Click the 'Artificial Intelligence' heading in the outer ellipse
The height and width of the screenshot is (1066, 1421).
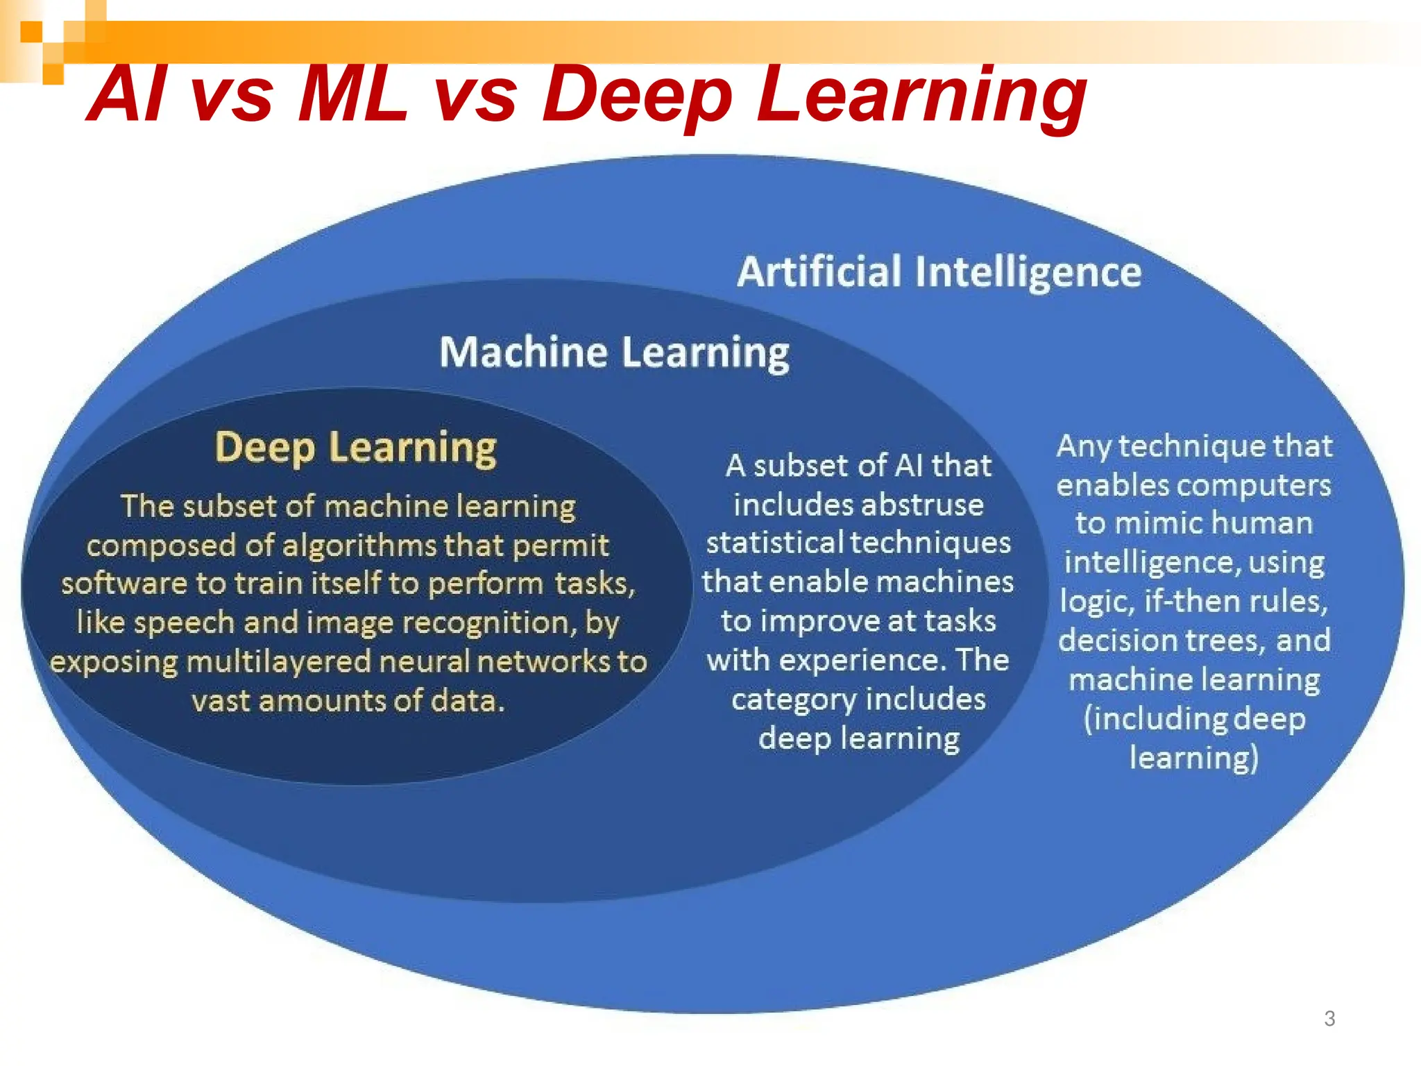point(939,271)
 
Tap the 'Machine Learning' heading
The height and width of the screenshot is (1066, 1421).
point(614,352)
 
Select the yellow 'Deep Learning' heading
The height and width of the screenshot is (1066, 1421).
point(355,448)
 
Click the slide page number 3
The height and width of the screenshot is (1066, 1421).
point(1329,1018)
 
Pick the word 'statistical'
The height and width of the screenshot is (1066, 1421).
point(774,543)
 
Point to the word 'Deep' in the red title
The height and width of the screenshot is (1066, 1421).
point(637,95)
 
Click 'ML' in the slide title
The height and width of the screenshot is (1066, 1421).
point(352,95)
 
